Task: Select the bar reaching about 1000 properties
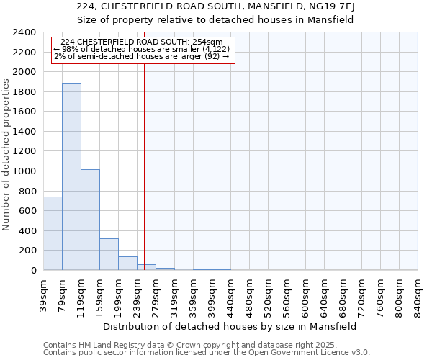[x=90, y=220]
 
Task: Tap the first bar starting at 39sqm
[x=53, y=233]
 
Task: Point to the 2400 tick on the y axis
[x=24, y=33]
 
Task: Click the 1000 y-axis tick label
[x=24, y=171]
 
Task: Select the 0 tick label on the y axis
[x=33, y=271]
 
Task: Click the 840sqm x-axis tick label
[x=418, y=295]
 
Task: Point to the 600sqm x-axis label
[x=306, y=295]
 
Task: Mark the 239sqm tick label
[x=138, y=295]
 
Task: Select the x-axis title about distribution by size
[x=230, y=326]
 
